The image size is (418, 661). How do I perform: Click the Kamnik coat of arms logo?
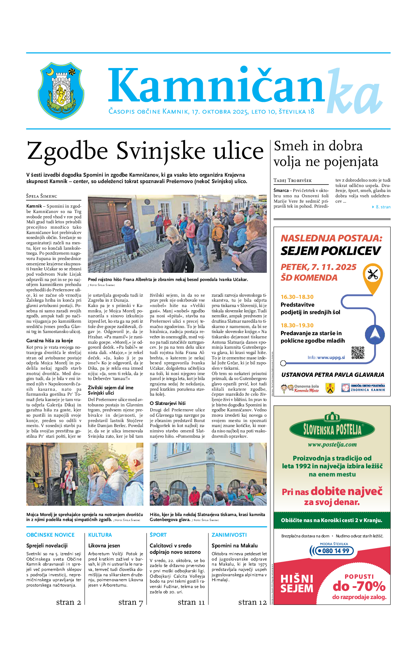click(x=61, y=90)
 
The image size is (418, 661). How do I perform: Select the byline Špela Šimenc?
click(x=42, y=196)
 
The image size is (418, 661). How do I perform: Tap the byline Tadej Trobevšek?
click(x=292, y=181)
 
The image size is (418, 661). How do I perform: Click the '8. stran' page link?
click(x=383, y=207)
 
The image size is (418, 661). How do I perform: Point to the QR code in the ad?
click(x=358, y=353)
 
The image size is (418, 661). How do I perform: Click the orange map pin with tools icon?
click(x=372, y=275)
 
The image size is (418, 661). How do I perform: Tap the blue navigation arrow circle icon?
click(x=375, y=335)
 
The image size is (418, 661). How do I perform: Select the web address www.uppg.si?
click(x=331, y=358)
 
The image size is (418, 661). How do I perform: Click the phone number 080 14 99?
click(x=333, y=551)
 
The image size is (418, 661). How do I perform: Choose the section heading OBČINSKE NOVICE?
click(x=51, y=535)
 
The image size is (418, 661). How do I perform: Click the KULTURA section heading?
click(x=100, y=535)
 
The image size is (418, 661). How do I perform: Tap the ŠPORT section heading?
click(x=158, y=535)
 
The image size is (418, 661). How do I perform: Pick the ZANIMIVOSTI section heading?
click(x=229, y=535)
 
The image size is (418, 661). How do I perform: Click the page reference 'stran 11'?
click(x=191, y=602)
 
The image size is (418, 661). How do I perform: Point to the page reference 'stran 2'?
click(x=69, y=602)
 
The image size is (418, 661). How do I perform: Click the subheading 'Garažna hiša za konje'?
click(x=49, y=341)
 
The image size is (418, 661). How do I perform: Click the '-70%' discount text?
click(x=359, y=586)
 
